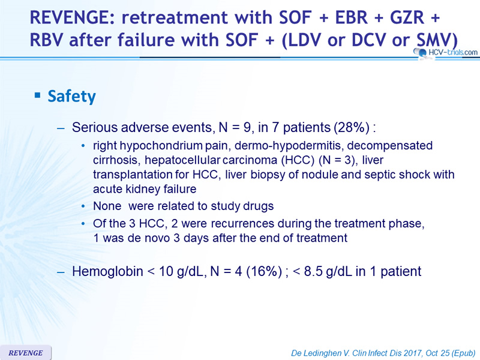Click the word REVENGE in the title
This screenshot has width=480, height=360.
72,17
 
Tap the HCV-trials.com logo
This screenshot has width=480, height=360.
446,52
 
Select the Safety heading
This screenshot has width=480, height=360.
71,96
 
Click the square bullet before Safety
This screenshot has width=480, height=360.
38,95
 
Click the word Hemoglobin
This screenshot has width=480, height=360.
107,272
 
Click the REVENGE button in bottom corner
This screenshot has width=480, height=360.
26,353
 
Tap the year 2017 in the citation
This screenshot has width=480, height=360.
413,353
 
